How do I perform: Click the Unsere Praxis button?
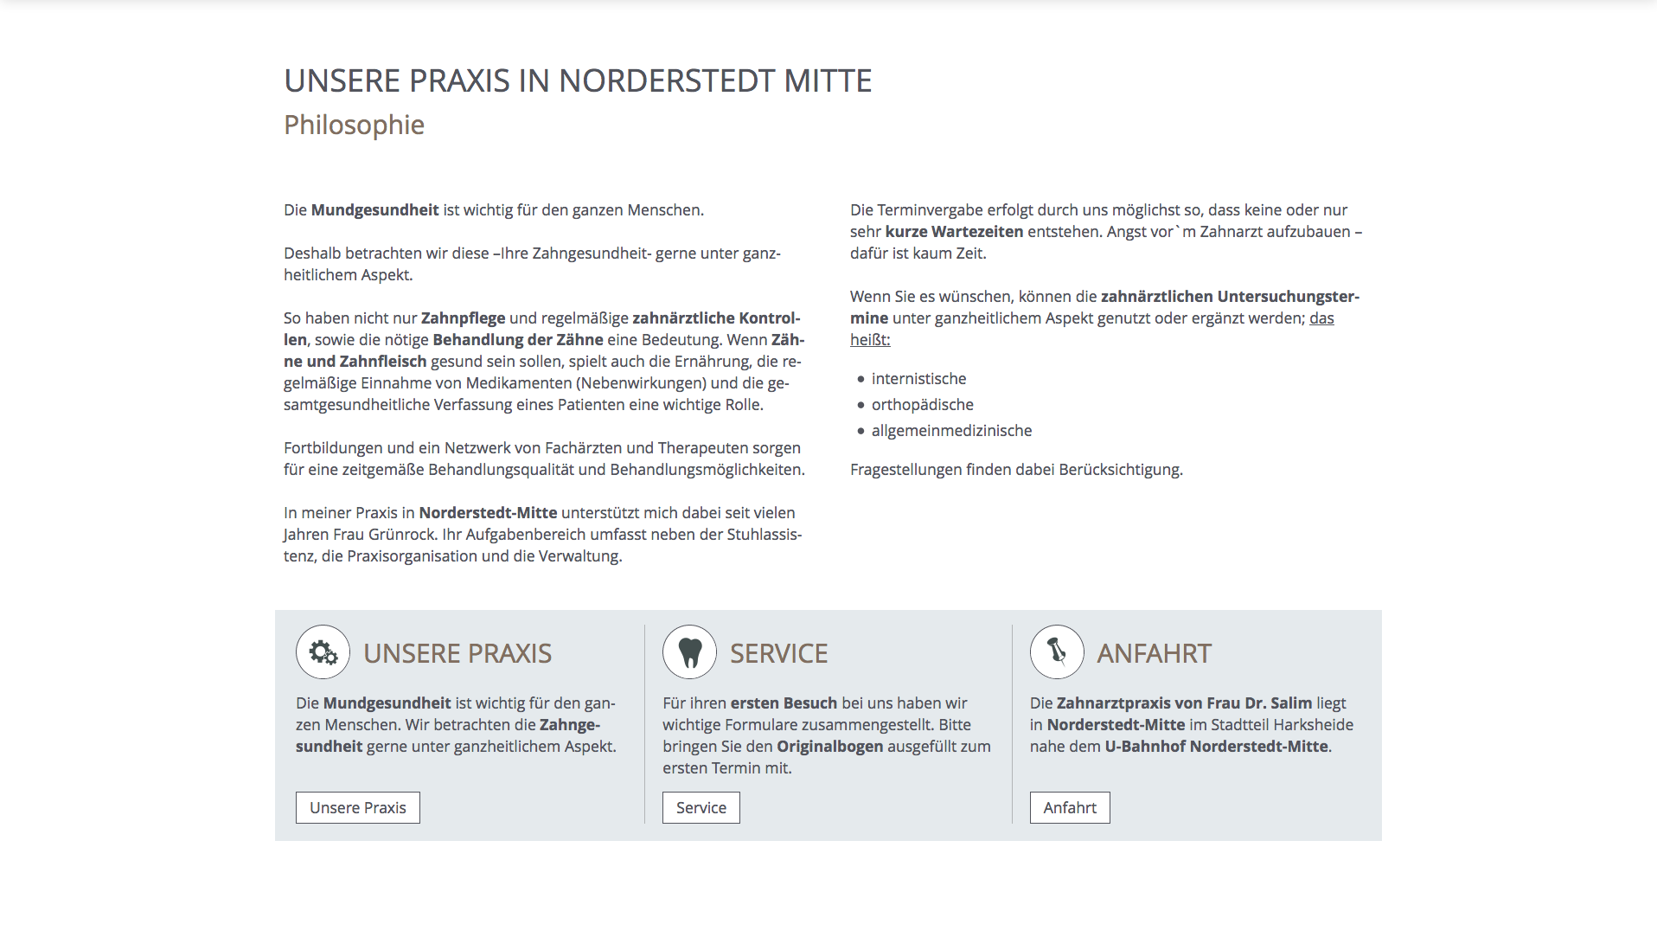(x=357, y=807)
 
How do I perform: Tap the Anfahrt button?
(x=1069, y=807)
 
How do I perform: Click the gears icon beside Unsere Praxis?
(x=323, y=652)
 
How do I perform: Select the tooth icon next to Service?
(x=689, y=652)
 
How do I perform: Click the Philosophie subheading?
(x=354, y=125)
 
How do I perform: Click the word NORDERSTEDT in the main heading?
(x=666, y=81)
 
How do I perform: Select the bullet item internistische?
(x=918, y=379)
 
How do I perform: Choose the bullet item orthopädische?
(x=922, y=405)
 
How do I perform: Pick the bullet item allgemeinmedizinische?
(x=951, y=431)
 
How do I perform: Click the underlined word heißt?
(x=869, y=340)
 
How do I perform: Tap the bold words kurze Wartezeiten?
(x=954, y=232)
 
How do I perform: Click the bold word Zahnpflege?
(x=463, y=318)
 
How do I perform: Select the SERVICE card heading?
(x=778, y=653)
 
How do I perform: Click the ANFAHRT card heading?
(x=1154, y=653)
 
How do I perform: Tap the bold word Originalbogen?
(x=829, y=747)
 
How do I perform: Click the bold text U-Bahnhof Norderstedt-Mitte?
(x=1216, y=747)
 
